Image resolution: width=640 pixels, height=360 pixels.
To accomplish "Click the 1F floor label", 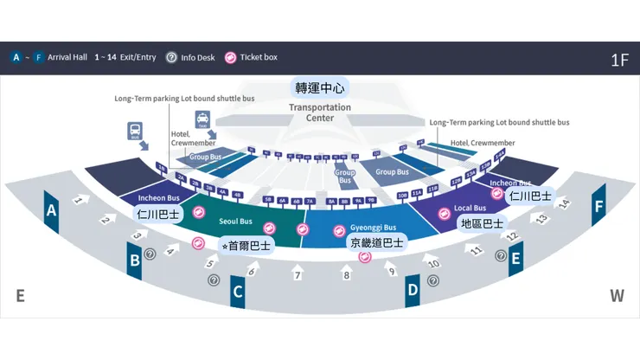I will point(618,60).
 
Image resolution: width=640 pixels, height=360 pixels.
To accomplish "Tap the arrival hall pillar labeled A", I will point(52,210).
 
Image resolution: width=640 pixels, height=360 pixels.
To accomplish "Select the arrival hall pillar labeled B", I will point(134,259).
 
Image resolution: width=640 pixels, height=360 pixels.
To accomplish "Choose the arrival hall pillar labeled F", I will point(598,208).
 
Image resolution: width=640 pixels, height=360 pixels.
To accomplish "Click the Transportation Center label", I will point(320,112).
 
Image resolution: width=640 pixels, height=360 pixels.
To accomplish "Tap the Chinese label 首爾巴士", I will point(246,245).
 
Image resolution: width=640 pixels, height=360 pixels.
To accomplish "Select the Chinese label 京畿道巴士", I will point(377,242).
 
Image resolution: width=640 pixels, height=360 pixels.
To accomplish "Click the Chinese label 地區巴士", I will point(482,223).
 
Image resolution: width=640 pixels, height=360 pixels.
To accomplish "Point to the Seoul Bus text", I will point(235,222).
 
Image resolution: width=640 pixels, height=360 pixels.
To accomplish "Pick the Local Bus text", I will point(470,208).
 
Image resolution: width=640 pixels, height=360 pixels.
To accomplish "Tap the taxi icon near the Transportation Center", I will point(202,120).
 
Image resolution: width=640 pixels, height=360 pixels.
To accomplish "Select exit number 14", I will point(564,203).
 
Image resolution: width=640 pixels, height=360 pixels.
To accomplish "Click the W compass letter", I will point(617,296).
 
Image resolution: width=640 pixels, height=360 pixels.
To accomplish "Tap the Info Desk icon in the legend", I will point(171,57).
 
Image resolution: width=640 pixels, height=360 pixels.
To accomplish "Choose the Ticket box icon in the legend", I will point(230,57).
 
